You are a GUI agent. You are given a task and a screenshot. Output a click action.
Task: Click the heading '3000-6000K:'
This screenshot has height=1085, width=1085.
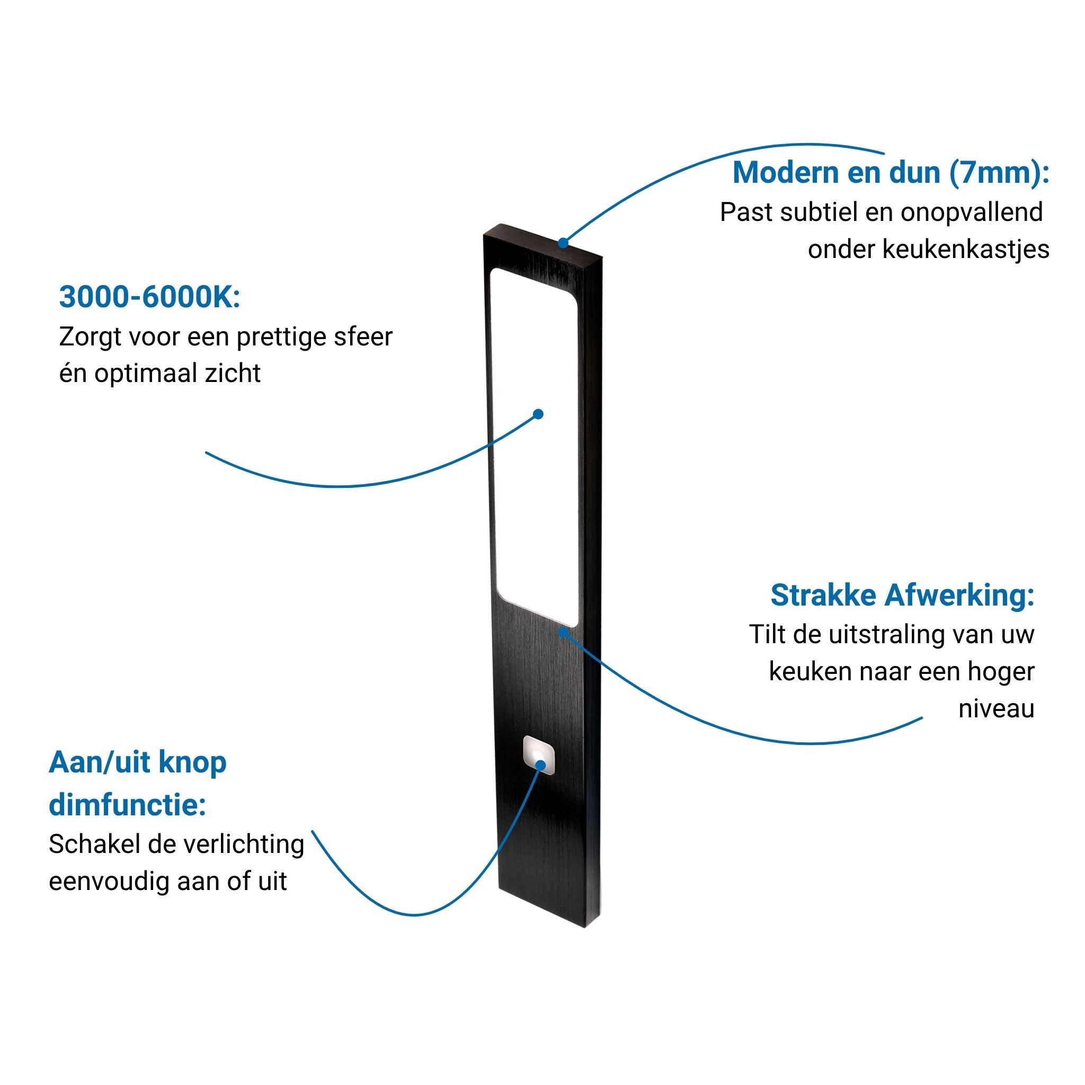point(149,297)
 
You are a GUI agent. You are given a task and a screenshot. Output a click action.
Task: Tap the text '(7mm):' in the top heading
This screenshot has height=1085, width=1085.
point(999,172)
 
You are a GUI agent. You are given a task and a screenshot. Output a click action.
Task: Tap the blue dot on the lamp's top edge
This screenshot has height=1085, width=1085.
point(563,243)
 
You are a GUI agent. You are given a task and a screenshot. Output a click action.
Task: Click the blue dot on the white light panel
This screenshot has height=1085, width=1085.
point(538,414)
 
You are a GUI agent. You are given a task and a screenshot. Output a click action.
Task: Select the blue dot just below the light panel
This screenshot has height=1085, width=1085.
point(563,633)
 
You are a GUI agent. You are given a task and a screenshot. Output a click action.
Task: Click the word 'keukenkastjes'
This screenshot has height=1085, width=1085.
point(928,250)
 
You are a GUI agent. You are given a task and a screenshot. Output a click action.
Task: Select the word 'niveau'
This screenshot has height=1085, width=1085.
point(997,709)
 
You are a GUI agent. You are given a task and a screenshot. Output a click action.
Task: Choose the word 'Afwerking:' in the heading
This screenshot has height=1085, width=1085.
point(959,595)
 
